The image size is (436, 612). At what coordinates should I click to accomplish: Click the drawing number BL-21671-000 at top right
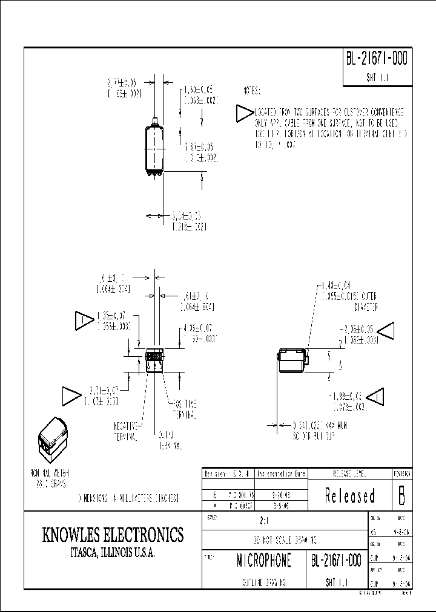(377, 59)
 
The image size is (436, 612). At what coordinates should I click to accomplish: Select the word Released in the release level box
(349, 496)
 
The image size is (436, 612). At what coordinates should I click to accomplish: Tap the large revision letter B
(401, 495)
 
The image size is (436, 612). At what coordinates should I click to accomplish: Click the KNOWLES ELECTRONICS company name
(113, 535)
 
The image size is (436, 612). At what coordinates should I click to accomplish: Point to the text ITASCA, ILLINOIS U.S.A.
(113, 553)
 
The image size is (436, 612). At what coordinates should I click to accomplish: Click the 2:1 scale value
(260, 519)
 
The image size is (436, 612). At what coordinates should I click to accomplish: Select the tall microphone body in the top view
(155, 148)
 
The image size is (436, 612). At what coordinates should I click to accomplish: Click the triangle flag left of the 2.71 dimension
(73, 396)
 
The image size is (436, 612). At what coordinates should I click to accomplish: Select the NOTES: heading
(251, 90)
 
